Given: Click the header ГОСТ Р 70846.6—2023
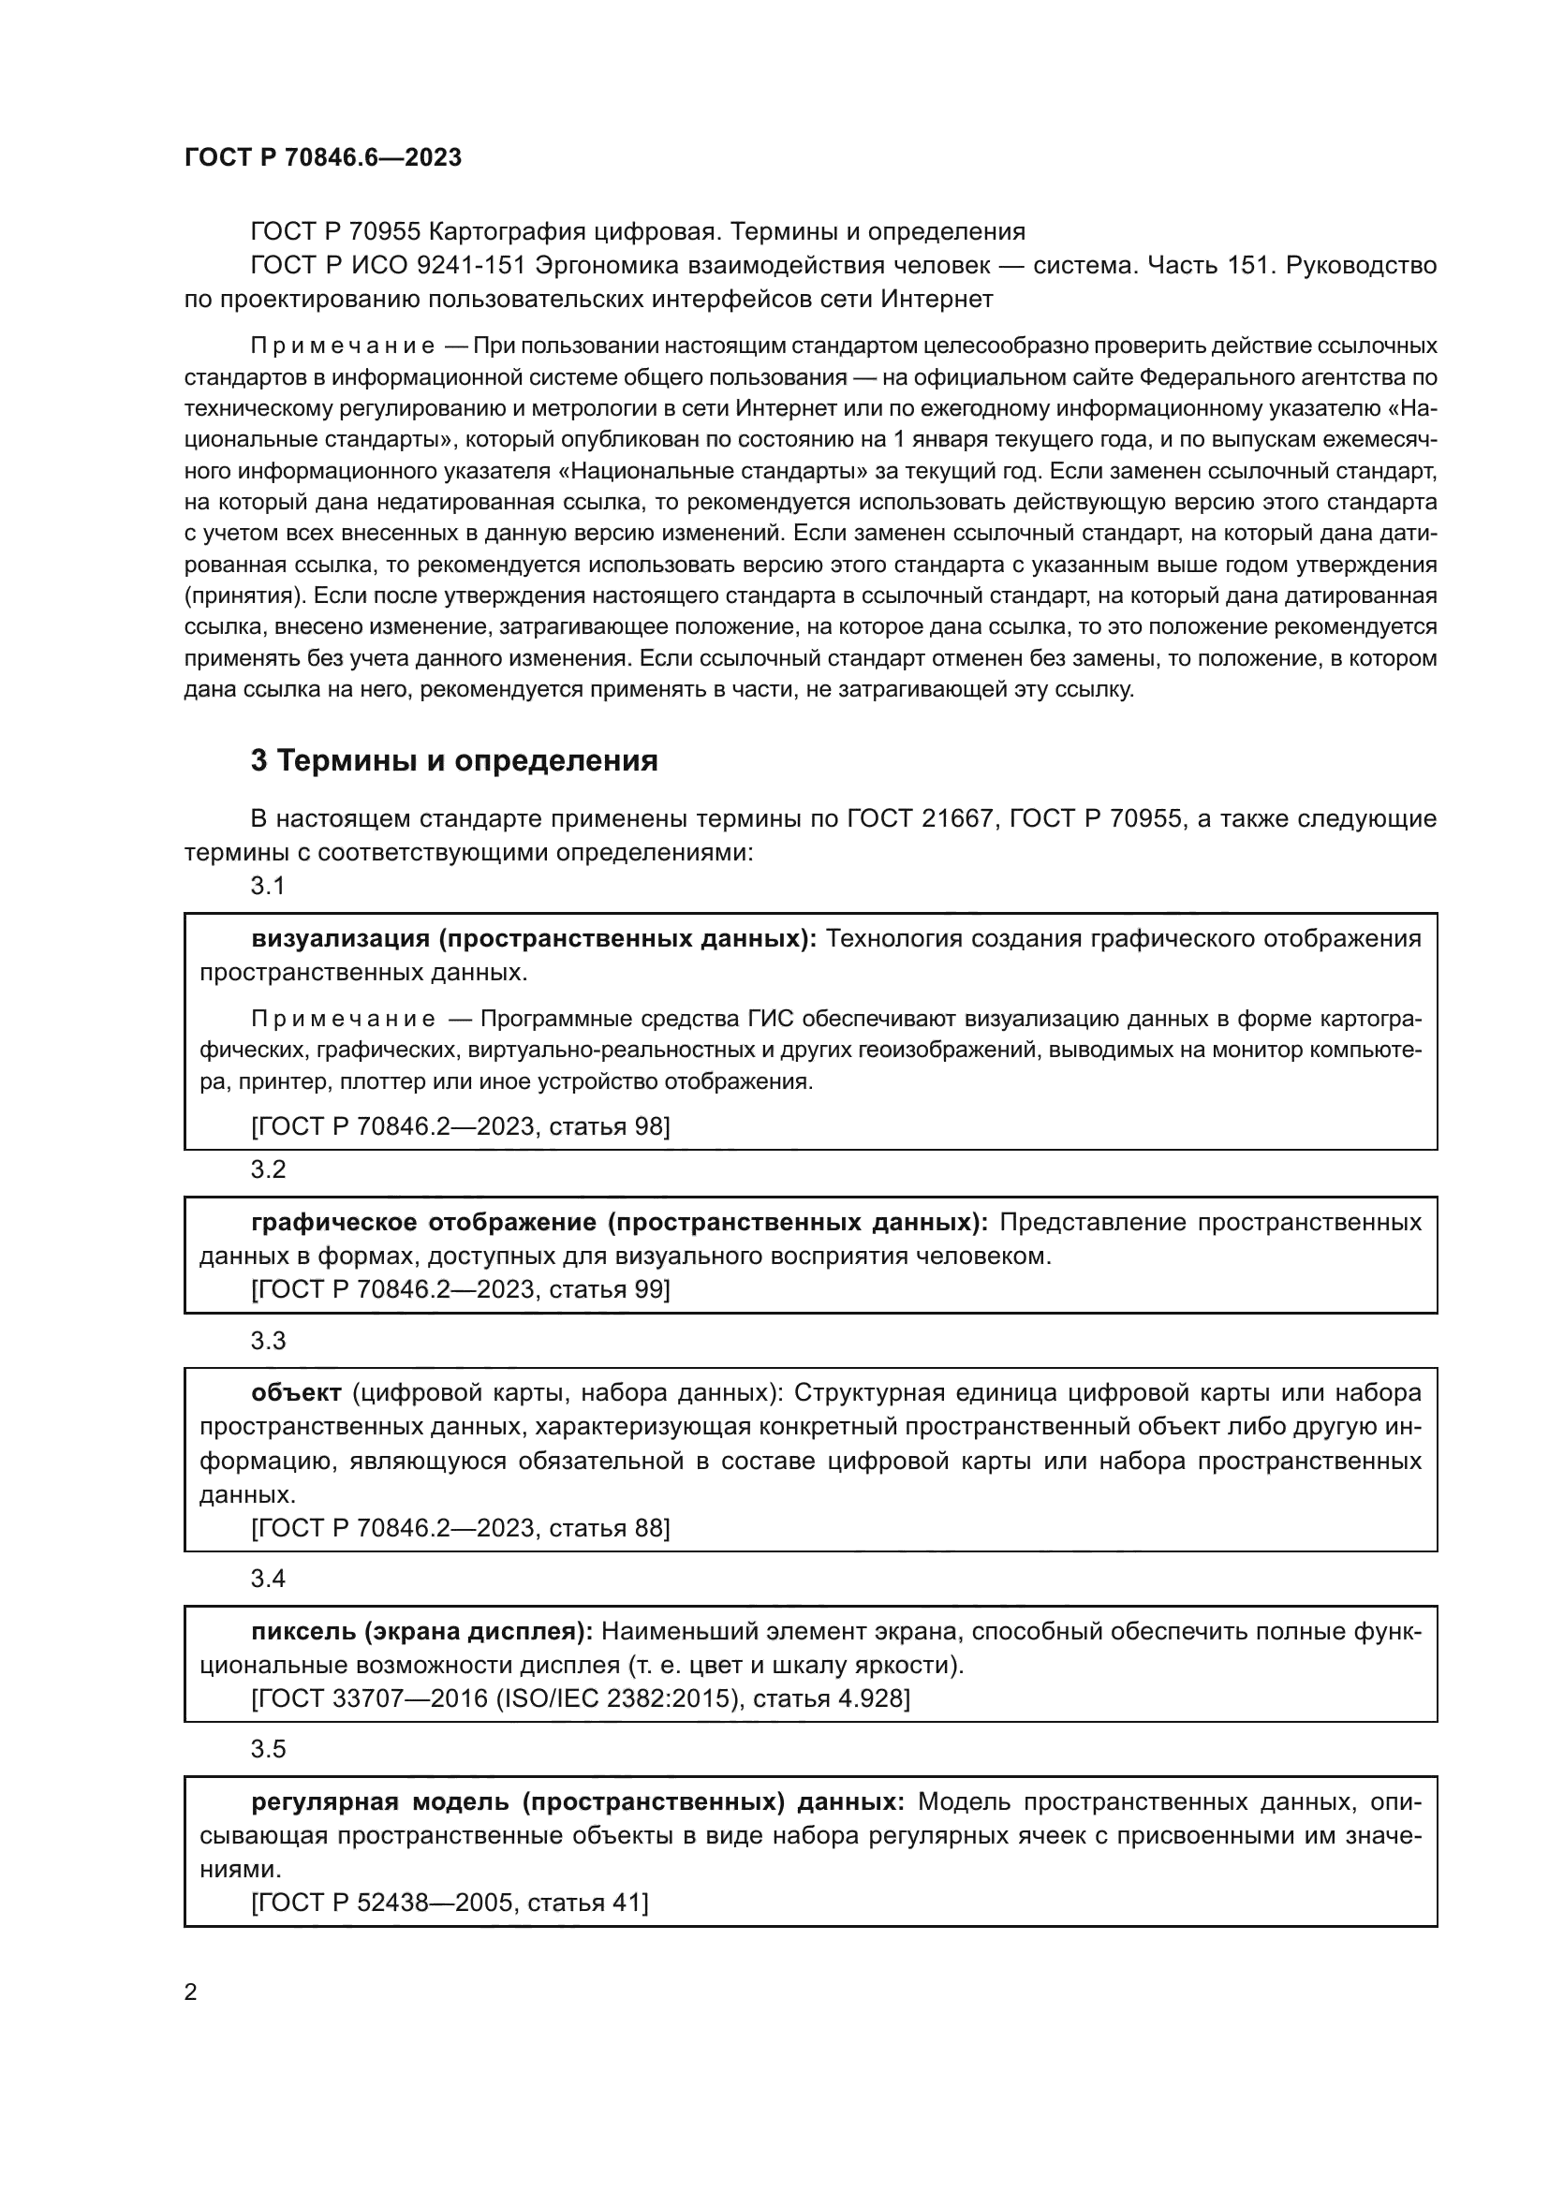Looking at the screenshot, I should click(322, 157).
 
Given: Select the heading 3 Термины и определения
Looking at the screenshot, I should click(454, 760).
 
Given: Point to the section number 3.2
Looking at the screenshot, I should click(268, 1169).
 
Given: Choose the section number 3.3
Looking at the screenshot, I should click(268, 1340).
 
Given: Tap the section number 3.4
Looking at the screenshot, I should click(268, 1579).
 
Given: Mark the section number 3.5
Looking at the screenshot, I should click(268, 1749).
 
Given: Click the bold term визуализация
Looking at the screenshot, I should click(341, 938).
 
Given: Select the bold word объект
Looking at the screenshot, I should click(296, 1392).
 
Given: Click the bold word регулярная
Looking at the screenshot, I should click(324, 1801).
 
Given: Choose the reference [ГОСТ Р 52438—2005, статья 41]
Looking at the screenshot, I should click(450, 1903).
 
